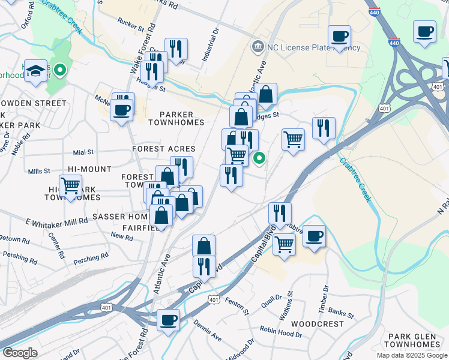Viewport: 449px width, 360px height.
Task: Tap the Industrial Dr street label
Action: (214, 44)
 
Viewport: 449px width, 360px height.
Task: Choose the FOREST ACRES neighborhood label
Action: (164, 149)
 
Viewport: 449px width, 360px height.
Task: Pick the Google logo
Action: (20, 352)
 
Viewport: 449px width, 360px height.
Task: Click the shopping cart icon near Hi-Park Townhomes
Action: (71, 185)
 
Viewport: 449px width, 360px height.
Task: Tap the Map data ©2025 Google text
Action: (411, 355)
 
